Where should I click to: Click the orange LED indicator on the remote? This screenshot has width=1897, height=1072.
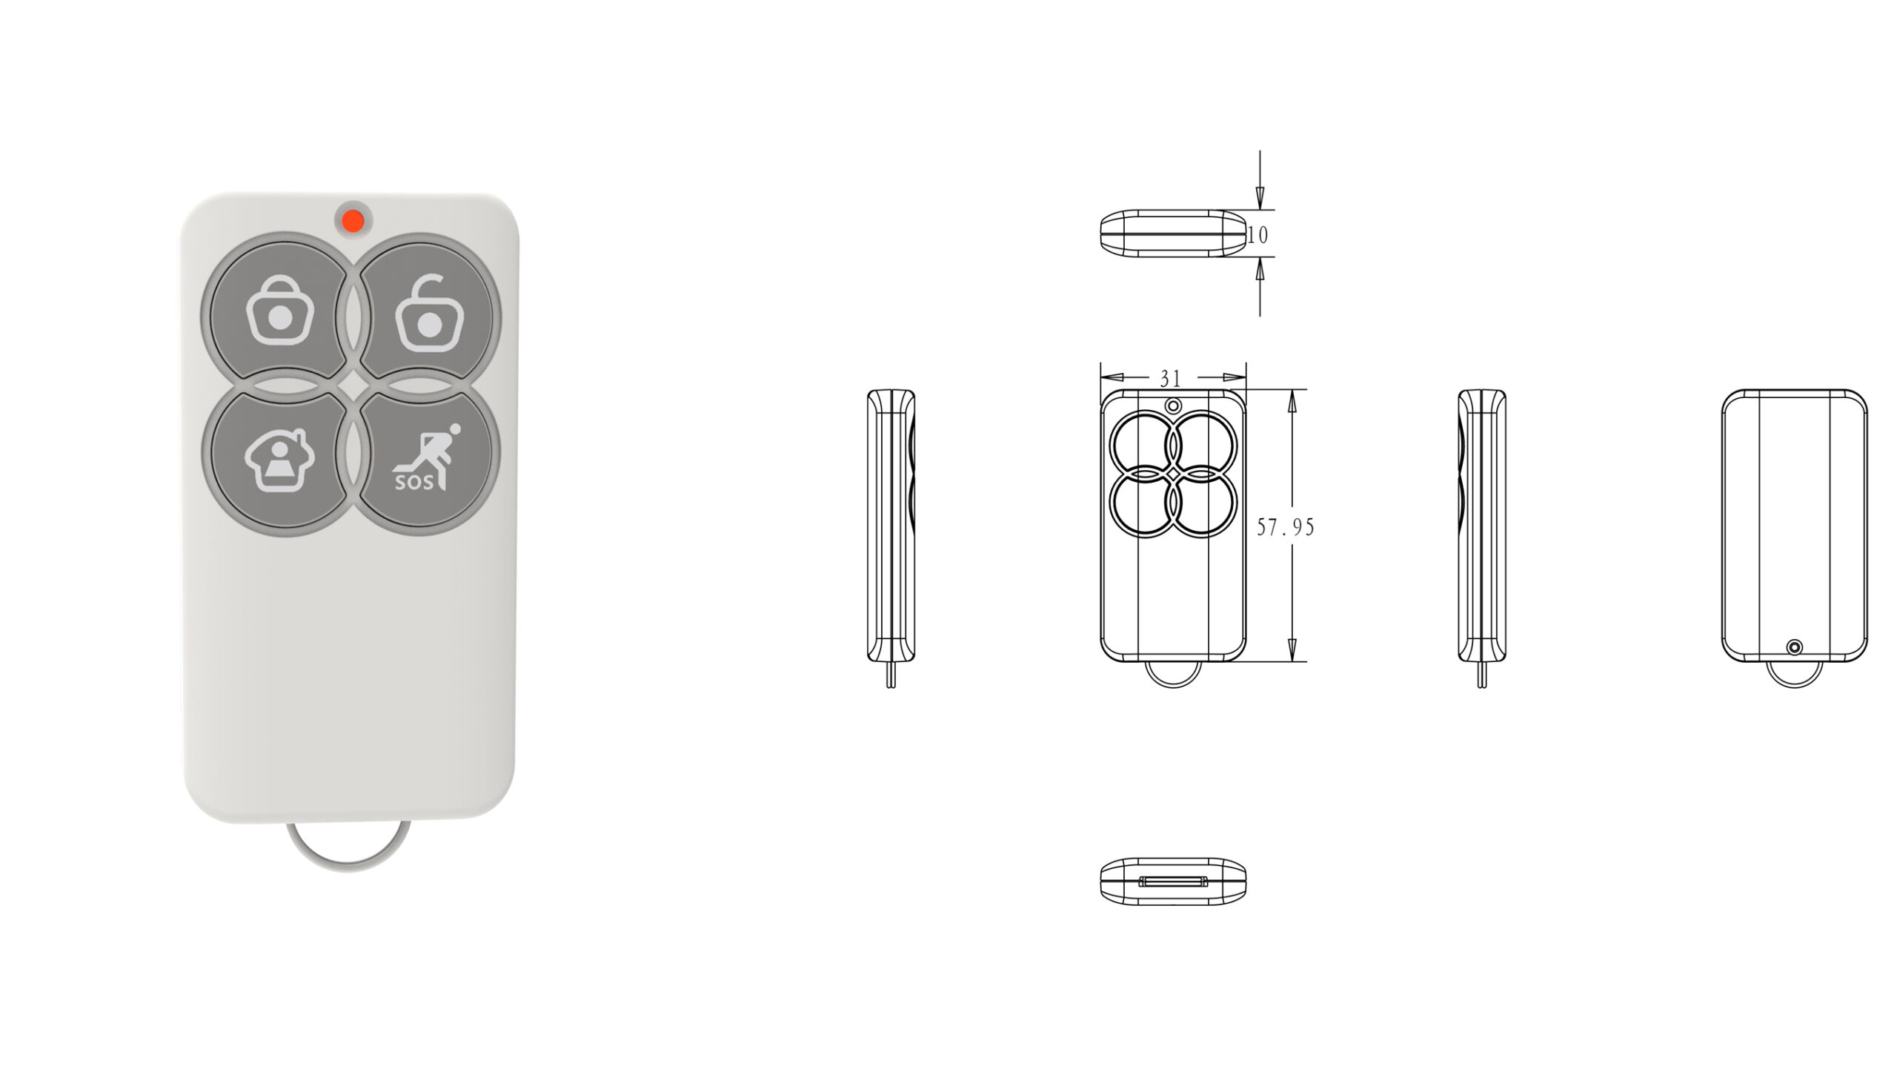coord(353,219)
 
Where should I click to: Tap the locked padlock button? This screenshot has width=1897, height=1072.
coord(279,310)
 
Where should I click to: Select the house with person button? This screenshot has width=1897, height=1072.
coord(279,460)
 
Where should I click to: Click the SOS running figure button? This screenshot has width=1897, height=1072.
coord(427,460)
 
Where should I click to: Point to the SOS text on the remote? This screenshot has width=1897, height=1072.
coord(413,483)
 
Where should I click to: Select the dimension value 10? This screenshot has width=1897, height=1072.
coord(1258,235)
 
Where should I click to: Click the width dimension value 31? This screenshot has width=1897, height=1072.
coord(1170,379)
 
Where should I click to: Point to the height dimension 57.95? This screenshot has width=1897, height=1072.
coord(1286,527)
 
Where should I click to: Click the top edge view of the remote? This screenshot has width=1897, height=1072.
coord(1173,234)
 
